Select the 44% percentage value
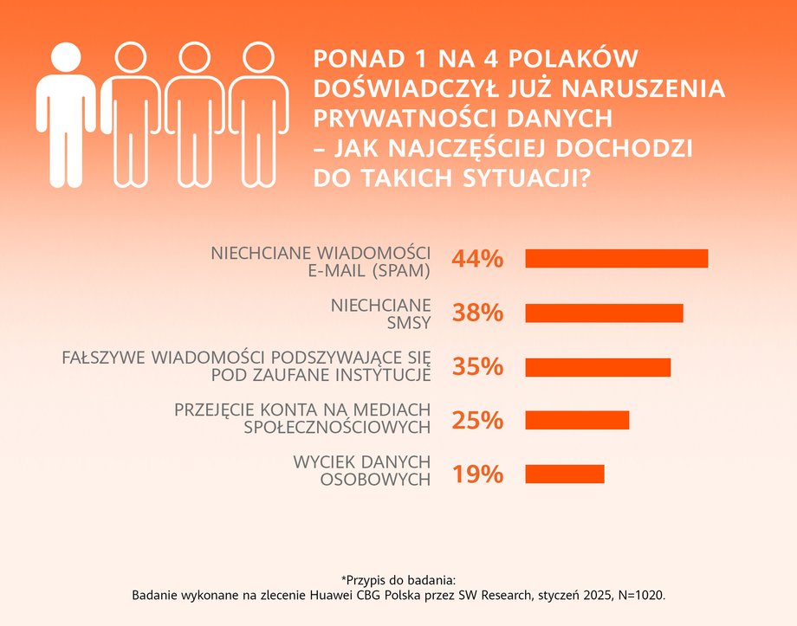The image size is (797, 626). click(477, 259)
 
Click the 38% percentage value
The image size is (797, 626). click(477, 313)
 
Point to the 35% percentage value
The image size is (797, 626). click(477, 367)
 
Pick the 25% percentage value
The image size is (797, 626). click(477, 421)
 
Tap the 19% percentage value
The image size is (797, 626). click(477, 474)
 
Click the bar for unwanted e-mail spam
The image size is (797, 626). click(616, 259)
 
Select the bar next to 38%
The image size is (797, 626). click(604, 313)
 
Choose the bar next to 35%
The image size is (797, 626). click(598, 367)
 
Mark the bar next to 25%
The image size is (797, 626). click(577, 421)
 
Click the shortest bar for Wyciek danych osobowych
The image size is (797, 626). click(564, 474)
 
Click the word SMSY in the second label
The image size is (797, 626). click(411, 325)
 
